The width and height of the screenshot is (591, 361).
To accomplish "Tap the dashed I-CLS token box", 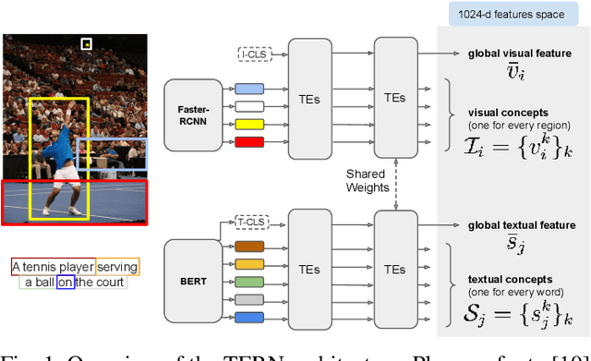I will click(250, 55).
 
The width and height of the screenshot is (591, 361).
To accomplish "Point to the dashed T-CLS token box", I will click(250, 223).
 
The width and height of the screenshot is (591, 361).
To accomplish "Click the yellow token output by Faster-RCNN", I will click(249, 124).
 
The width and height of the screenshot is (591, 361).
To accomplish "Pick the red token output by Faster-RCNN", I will click(249, 141).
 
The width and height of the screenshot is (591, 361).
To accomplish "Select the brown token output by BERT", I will click(249, 247).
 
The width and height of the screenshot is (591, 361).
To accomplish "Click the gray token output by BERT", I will click(249, 300).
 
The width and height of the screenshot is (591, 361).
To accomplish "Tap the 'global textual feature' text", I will click(512, 224).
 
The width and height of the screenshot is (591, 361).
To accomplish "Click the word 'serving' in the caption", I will click(117, 267).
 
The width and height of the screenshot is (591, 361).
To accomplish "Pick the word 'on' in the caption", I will click(65, 283).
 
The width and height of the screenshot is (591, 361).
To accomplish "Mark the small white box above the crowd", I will click(87, 43).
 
